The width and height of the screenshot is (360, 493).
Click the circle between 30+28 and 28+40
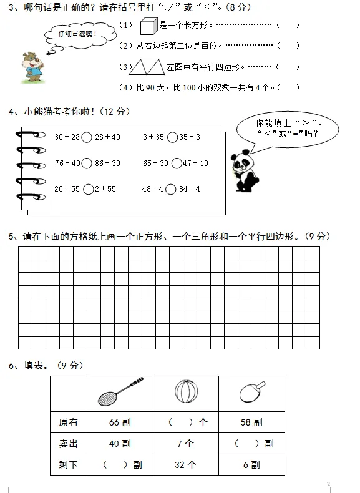[x=87, y=137]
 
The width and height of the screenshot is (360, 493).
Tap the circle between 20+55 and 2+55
[x=89, y=189]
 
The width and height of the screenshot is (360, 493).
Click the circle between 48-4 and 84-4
[x=170, y=189]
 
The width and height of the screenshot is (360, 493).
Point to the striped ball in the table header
[x=185, y=393]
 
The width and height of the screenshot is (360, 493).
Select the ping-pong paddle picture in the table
[x=251, y=392]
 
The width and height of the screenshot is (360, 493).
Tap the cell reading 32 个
[x=187, y=464]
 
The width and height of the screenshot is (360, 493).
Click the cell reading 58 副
[x=251, y=422]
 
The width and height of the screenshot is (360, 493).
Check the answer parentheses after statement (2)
[x=288, y=46]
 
